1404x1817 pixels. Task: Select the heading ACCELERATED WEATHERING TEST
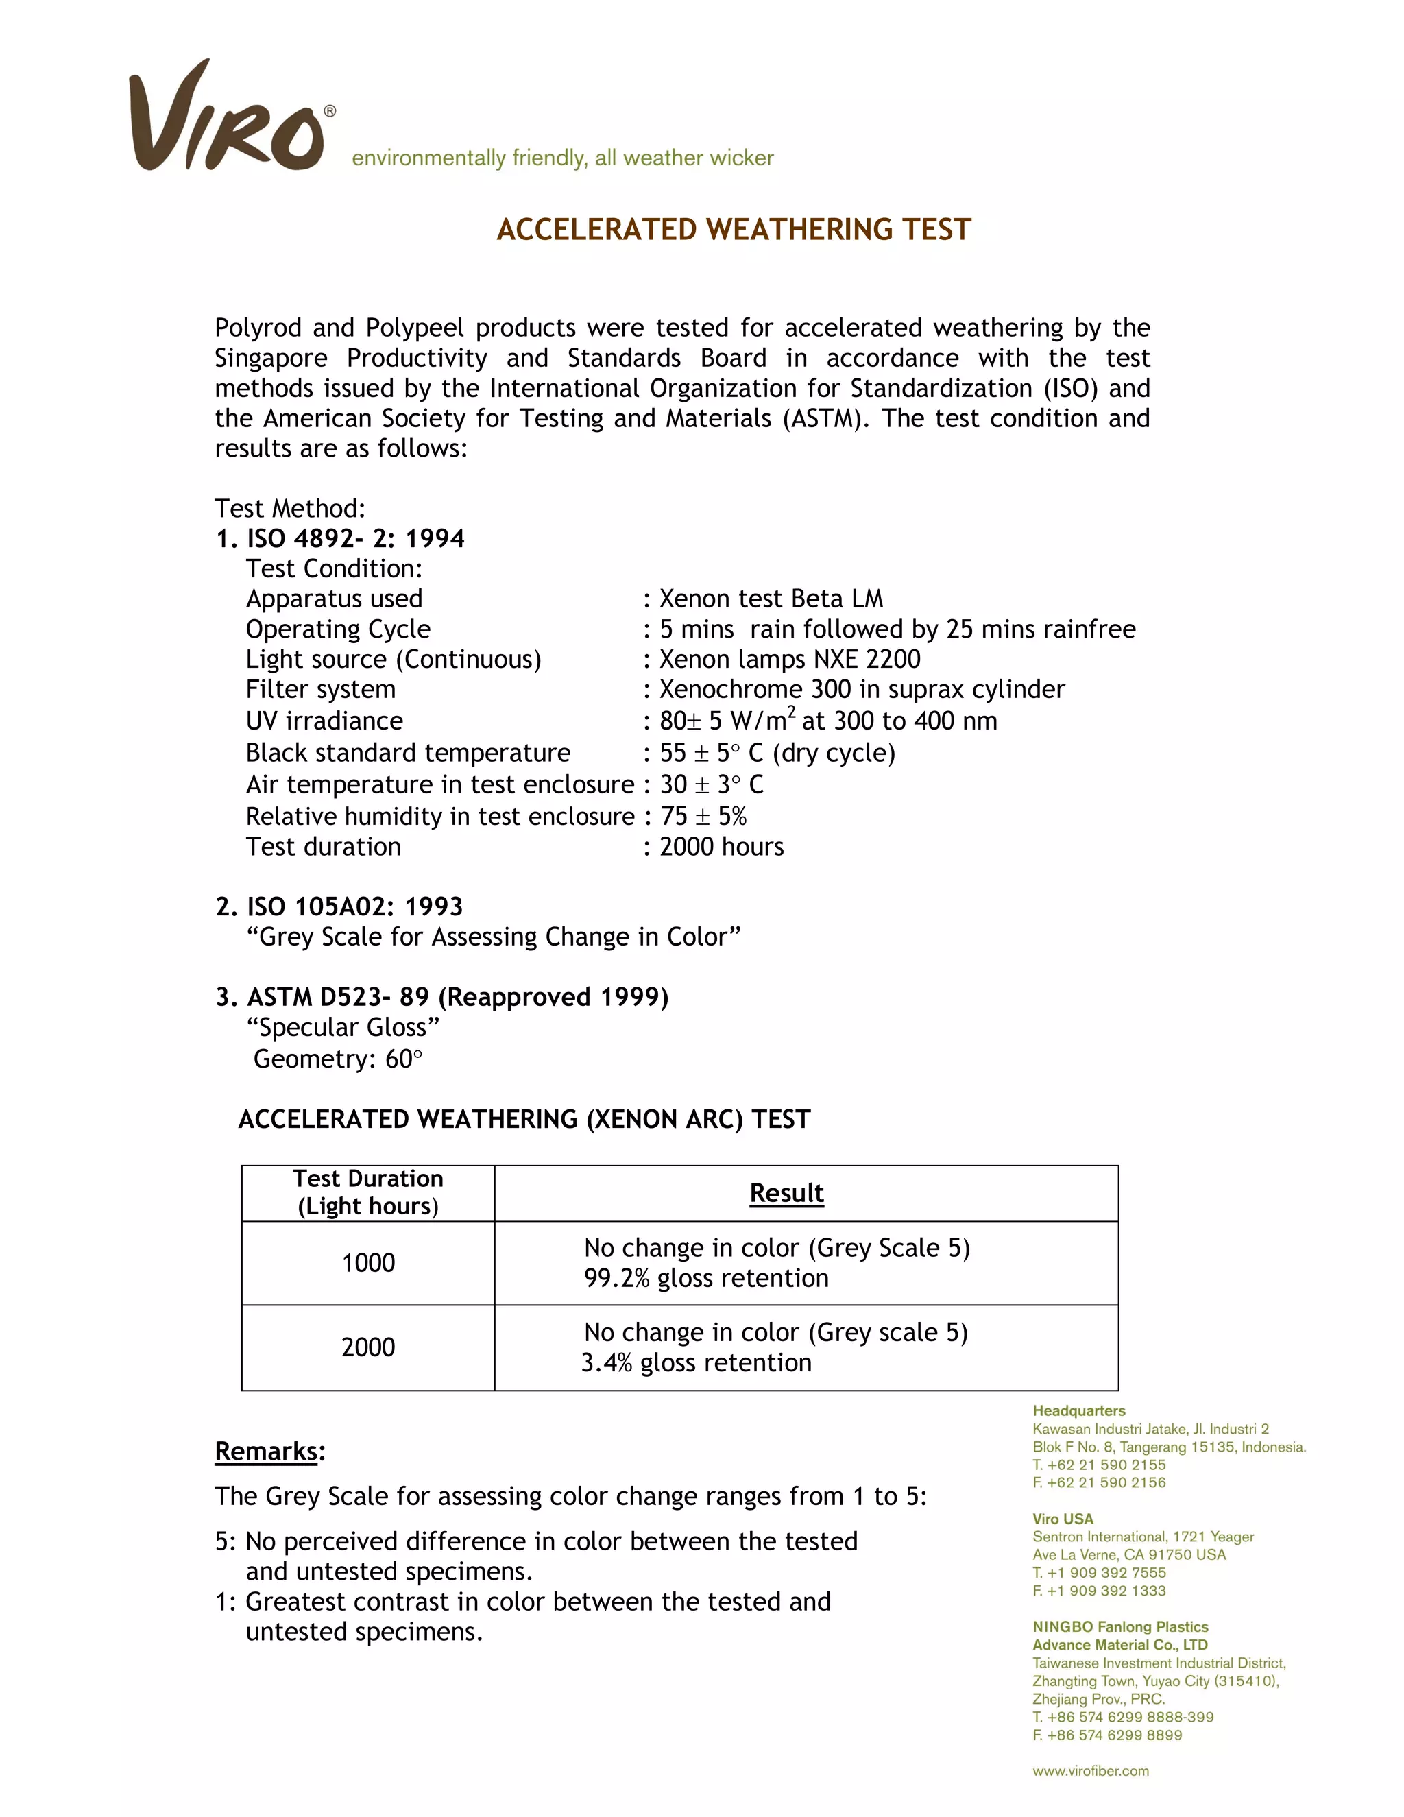(734, 230)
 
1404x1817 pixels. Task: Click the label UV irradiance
(324, 721)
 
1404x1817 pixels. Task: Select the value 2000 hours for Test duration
(721, 847)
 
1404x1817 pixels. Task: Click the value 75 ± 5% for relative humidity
(703, 816)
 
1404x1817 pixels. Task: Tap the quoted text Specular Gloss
(343, 1028)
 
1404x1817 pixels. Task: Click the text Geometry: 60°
(338, 1059)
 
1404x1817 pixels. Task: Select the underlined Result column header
(786, 1192)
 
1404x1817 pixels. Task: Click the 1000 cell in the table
(367, 1263)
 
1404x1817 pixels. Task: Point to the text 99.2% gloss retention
(706, 1279)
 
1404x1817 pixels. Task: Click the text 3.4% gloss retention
(697, 1363)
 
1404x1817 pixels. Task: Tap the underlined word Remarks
(266, 1451)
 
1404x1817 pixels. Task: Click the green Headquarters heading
(1079, 1411)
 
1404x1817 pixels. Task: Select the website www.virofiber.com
(1091, 1771)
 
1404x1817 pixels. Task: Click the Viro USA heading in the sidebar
(1063, 1519)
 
